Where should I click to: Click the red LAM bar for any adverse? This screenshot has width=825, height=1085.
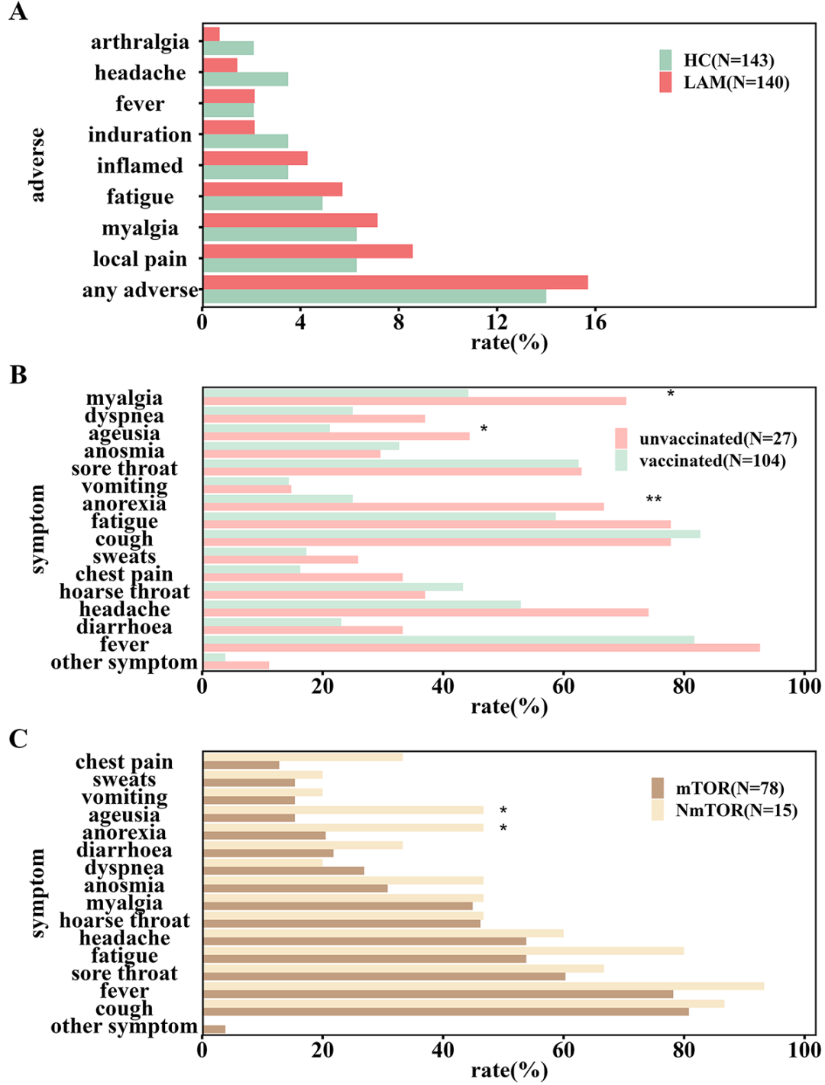395,283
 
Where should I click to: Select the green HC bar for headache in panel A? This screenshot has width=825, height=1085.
245,79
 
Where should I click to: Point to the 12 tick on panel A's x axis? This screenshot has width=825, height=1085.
497,322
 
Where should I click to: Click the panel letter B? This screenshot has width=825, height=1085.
18,375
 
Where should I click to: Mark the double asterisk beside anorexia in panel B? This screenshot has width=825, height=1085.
654,500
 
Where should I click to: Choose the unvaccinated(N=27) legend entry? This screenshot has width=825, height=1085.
706,439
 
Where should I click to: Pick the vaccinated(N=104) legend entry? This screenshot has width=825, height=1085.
700,461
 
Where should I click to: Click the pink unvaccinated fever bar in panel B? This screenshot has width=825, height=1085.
481,648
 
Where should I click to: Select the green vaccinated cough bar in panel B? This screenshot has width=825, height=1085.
451,534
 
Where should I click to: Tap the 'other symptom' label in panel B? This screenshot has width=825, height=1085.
124,662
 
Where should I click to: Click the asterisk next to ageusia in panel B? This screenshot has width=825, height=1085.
484,429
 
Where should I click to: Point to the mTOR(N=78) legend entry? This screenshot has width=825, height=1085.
717,789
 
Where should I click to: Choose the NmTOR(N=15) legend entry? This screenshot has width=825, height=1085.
724,811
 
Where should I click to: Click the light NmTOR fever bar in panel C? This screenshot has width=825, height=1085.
484,986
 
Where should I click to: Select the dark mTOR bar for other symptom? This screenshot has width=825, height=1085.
214,1029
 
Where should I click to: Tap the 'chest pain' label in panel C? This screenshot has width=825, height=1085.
124,763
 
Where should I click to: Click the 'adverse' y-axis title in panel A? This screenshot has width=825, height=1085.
37,165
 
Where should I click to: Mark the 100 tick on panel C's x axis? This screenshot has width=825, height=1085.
804,1050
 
